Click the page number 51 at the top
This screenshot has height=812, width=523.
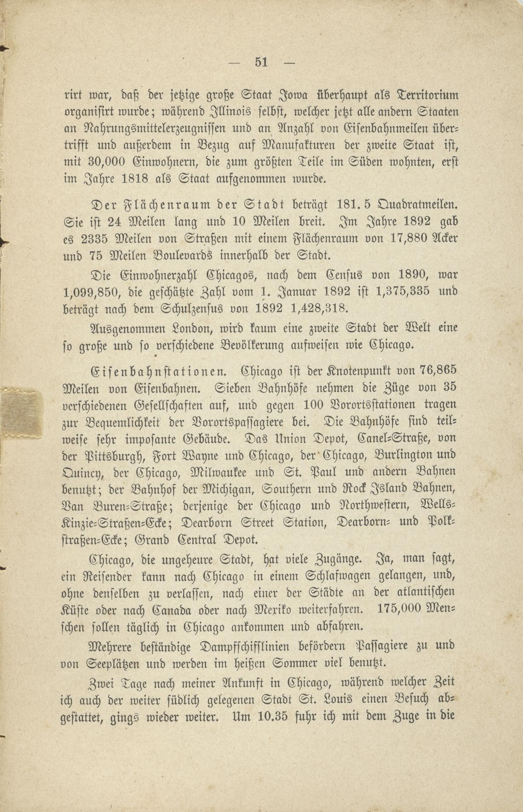(x=261, y=62)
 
